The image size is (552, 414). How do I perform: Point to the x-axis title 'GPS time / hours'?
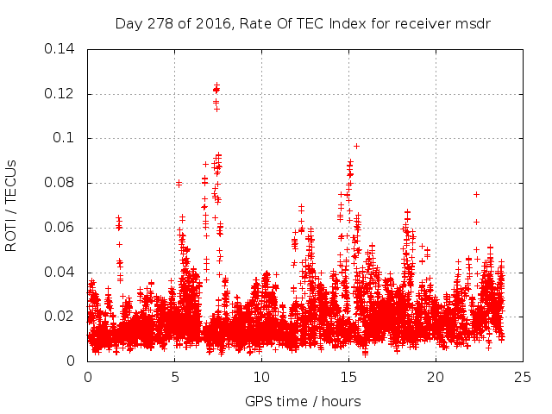coord(303,401)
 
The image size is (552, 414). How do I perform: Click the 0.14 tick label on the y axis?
coord(60,49)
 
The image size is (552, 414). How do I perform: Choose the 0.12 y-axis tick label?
coord(60,93)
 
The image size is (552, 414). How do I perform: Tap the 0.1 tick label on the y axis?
coord(66,138)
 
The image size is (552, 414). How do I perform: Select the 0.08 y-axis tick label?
coord(60,183)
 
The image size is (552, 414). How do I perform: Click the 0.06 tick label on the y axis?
coord(60,228)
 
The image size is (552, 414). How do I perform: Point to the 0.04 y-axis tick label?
coord(60,273)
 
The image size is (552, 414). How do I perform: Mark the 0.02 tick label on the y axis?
coord(60,317)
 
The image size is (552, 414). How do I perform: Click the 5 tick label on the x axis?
coord(175,377)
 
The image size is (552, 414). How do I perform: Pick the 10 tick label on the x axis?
coord(261,377)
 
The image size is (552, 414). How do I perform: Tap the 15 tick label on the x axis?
coord(348,377)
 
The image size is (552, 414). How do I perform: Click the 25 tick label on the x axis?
coord(523,377)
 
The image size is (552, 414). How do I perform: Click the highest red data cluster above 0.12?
coord(216,87)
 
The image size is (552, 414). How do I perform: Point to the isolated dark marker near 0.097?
coord(356,146)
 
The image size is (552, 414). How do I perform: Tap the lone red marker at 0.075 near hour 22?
coord(476,194)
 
